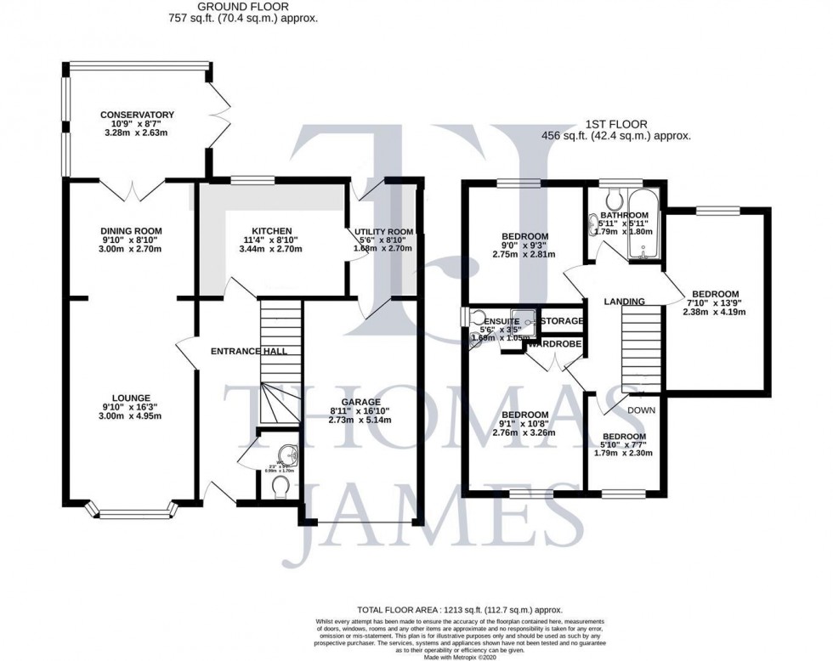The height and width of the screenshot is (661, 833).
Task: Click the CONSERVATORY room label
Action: tap(137, 115)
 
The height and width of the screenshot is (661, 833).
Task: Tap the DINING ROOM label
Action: tap(131, 231)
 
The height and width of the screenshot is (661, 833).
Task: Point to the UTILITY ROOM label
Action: tap(383, 231)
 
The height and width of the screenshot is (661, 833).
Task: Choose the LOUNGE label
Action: tap(130, 398)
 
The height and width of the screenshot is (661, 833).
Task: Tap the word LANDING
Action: tap(624, 302)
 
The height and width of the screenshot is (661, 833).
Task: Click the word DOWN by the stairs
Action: tap(641, 410)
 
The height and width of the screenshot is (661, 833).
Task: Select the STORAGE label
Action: tap(562, 321)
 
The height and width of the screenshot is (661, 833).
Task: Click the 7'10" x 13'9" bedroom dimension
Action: tap(711, 300)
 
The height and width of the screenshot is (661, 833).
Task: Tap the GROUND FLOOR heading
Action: tap(245, 7)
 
